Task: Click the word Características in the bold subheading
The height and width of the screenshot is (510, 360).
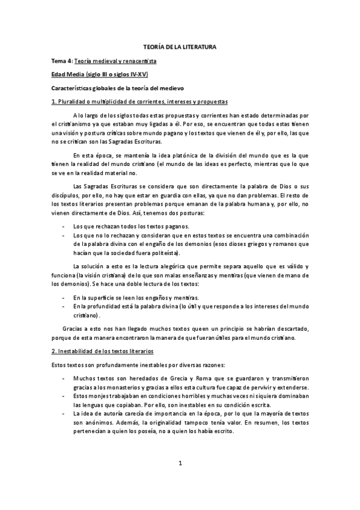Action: [x=73, y=88]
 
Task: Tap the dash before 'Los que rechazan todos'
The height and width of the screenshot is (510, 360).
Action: [x=64, y=226]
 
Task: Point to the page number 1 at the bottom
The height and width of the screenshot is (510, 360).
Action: [x=180, y=480]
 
